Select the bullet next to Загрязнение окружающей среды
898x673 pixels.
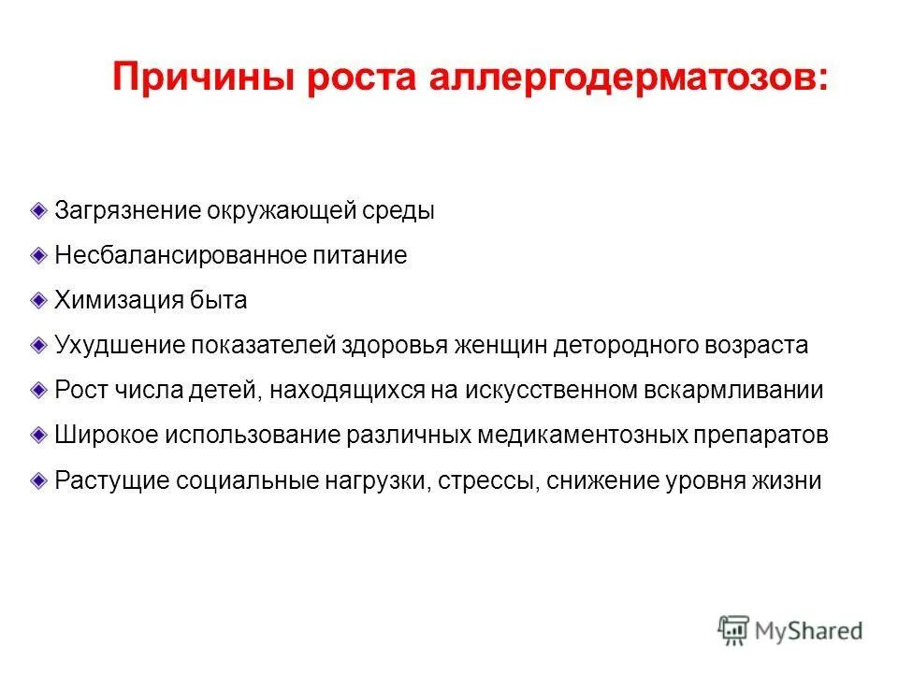pos(37,209)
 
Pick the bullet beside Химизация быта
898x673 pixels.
pos(37,299)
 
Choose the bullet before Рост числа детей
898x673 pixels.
pos(37,389)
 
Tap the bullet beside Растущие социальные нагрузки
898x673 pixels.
pos(37,480)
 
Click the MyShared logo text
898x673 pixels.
pos(809,630)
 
